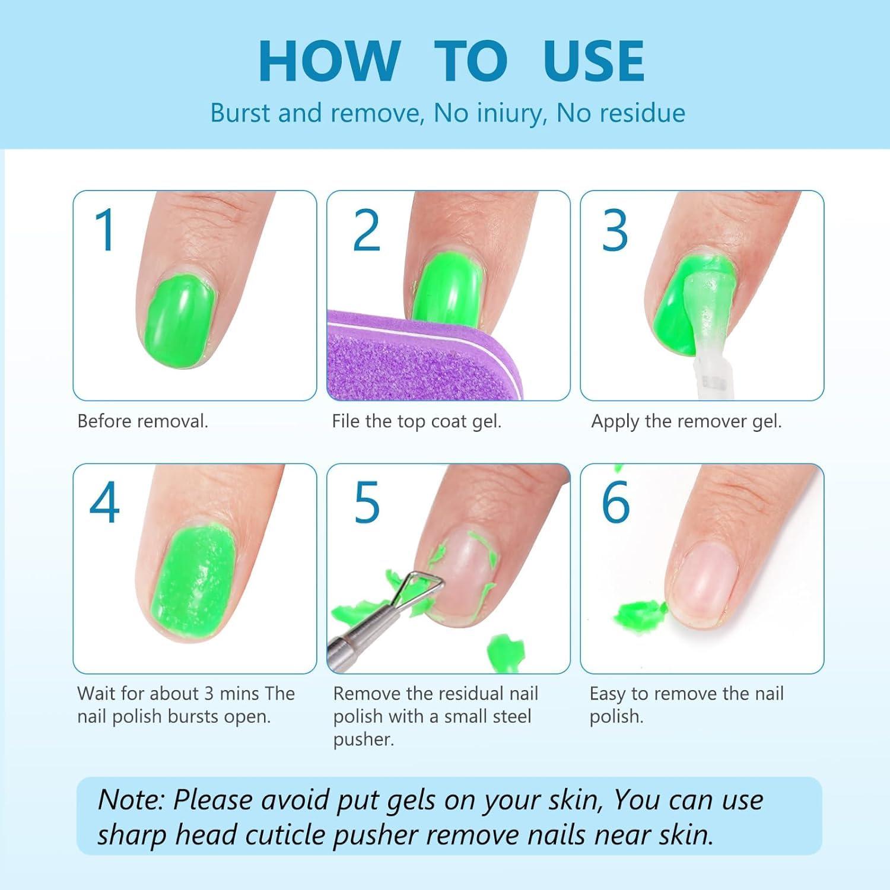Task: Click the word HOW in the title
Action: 329,61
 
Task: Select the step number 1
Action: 105,230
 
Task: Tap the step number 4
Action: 105,503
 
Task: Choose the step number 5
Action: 366,503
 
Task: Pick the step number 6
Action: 615,503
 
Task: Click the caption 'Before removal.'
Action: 143,421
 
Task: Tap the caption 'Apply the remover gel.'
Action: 686,421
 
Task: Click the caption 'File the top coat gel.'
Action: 417,421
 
